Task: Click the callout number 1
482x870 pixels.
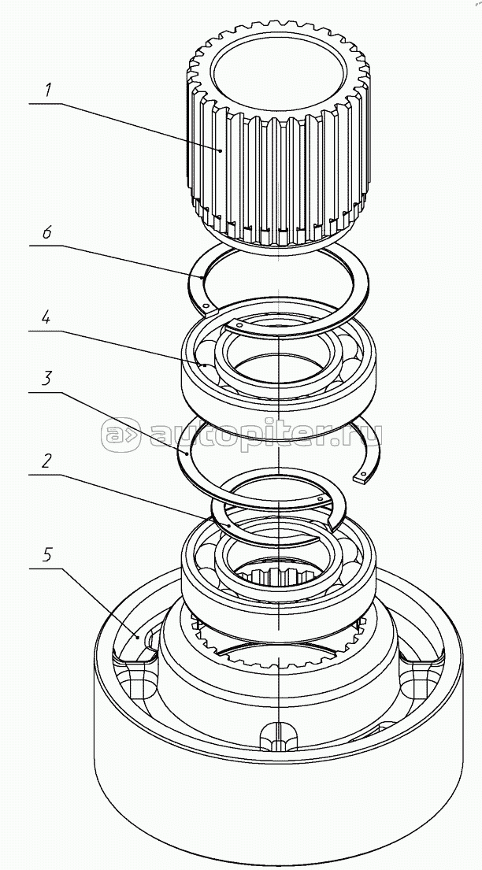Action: pos(48,90)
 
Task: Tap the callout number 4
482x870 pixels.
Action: pos(48,319)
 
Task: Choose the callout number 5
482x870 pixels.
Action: pos(48,555)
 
